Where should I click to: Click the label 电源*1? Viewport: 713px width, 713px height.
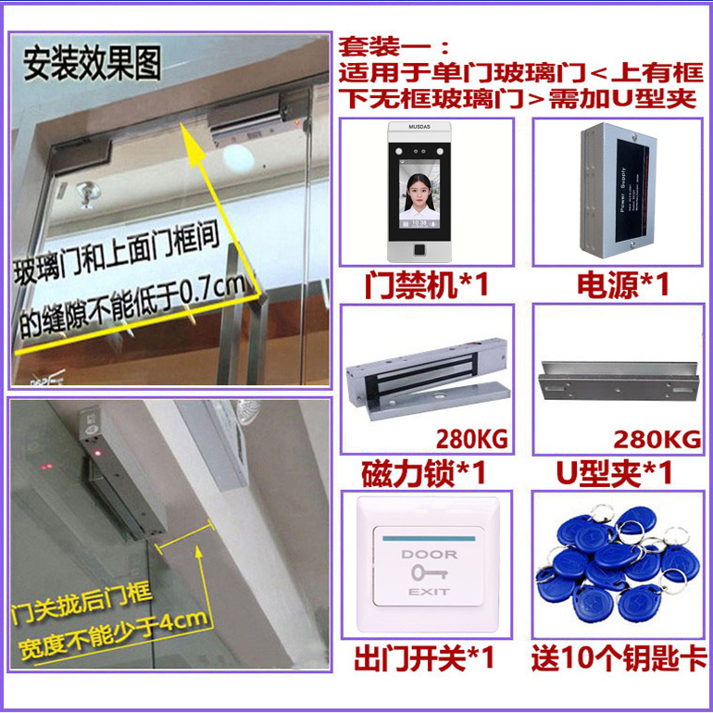622,285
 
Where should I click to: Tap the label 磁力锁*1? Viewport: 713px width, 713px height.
426,473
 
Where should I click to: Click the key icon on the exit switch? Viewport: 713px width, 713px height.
429,573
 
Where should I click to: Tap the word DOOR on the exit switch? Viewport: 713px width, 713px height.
429,554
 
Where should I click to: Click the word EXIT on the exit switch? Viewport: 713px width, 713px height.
429,592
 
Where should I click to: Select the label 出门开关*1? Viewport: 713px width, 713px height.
426,660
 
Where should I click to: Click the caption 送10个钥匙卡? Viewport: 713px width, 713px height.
618,660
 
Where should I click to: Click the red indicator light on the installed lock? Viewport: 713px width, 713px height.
96,451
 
